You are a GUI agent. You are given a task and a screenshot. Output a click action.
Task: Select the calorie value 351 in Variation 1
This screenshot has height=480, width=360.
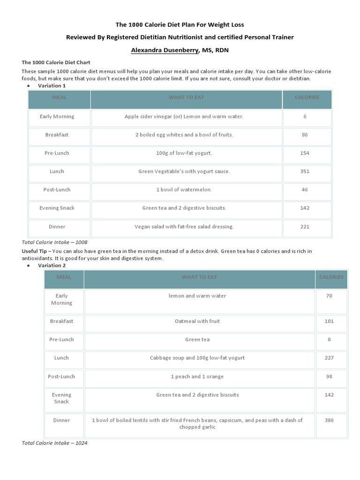[x=305, y=172]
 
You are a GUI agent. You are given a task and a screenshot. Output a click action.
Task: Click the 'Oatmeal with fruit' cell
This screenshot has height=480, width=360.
[x=199, y=322]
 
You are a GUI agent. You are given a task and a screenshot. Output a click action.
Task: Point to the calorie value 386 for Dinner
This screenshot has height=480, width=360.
[x=329, y=420]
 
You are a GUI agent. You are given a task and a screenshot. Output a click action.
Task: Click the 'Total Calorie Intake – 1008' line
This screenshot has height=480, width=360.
[x=54, y=242]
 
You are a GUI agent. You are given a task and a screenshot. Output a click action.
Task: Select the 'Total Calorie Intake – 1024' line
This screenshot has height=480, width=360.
[x=54, y=443]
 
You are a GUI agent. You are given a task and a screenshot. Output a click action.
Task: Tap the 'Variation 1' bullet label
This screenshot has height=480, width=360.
[x=52, y=86]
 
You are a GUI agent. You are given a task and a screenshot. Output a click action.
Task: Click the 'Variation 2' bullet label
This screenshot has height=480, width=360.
[x=52, y=265]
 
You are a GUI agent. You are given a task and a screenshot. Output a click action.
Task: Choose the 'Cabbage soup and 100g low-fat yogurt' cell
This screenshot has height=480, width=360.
[x=199, y=358]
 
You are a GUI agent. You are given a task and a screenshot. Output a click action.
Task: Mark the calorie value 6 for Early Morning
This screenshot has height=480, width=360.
[x=305, y=117]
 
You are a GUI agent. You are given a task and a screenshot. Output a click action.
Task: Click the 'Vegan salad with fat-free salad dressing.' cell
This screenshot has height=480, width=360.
[x=184, y=227]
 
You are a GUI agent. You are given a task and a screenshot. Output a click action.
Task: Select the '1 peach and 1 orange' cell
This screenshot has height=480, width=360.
[x=199, y=377]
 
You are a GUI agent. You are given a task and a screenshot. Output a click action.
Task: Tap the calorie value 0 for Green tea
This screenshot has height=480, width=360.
[x=329, y=340]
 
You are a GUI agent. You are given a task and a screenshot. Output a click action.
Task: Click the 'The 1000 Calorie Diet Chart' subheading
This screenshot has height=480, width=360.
[x=56, y=62]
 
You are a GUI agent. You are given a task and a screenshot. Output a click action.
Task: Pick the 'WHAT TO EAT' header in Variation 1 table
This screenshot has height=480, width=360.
[x=186, y=97]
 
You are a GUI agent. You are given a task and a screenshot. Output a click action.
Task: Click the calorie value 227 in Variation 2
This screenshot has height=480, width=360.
[x=329, y=358]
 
